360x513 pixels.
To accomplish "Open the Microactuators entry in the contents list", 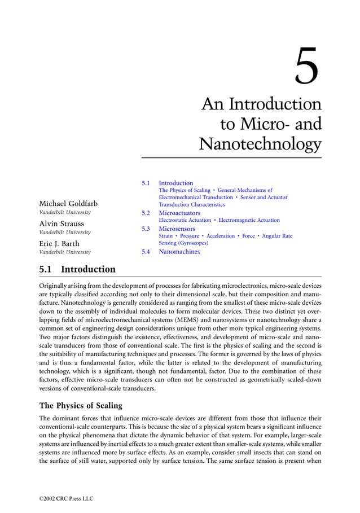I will point(179,213).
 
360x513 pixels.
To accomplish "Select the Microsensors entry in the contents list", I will point(177,229).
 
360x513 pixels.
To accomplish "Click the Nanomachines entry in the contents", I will point(179,252).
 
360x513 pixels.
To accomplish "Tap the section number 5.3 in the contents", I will point(145,229).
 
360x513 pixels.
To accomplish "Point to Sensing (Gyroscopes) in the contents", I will point(183,243).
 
